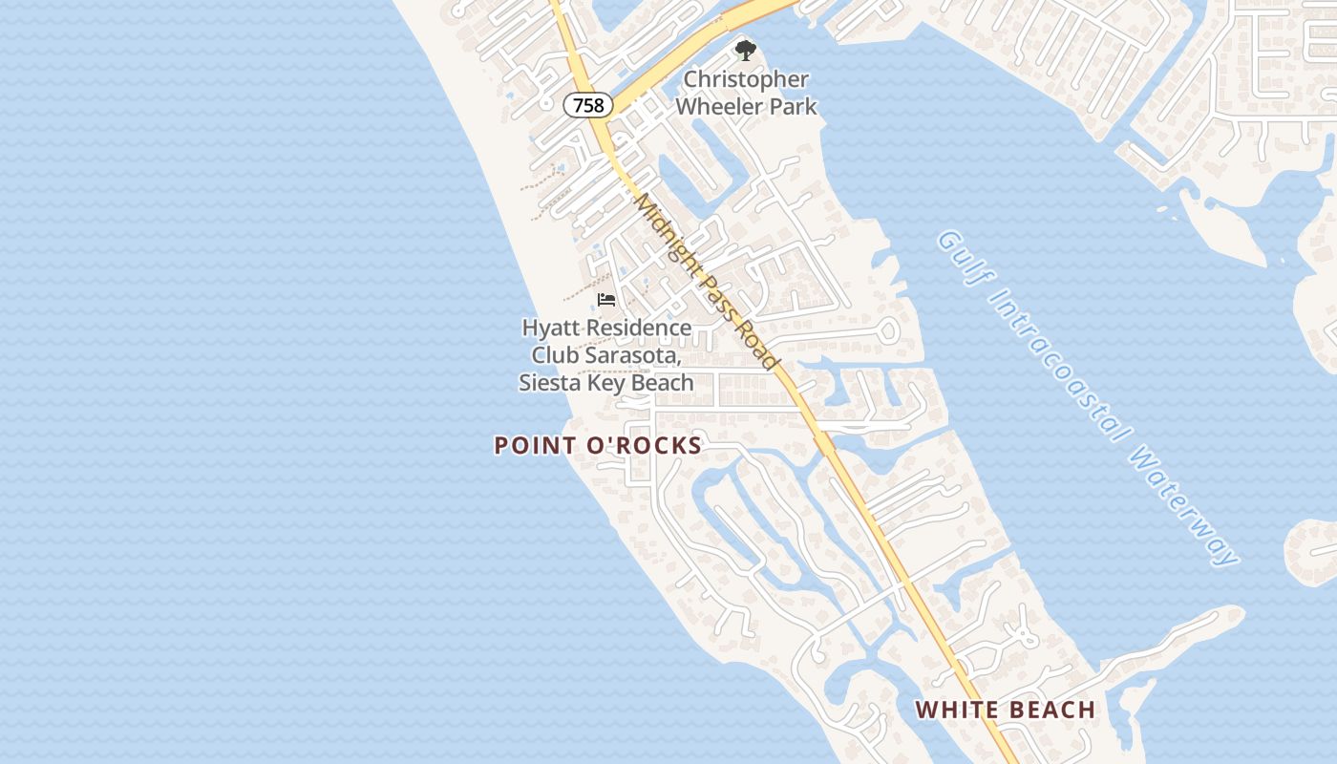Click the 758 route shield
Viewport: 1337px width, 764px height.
[588, 105]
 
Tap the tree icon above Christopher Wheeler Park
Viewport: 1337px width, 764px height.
[745, 51]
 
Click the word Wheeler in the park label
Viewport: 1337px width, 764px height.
[717, 106]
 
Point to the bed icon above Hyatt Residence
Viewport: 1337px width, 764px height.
[606, 300]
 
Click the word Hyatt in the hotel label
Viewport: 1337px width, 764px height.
[551, 328]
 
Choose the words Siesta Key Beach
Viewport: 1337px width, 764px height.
[606, 383]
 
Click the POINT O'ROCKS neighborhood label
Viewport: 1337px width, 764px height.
[598, 445]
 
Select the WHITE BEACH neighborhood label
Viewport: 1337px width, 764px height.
[1006, 710]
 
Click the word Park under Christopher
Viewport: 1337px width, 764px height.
[794, 106]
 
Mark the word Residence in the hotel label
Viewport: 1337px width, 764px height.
[638, 328]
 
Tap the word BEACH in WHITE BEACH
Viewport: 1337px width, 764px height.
[1050, 710]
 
